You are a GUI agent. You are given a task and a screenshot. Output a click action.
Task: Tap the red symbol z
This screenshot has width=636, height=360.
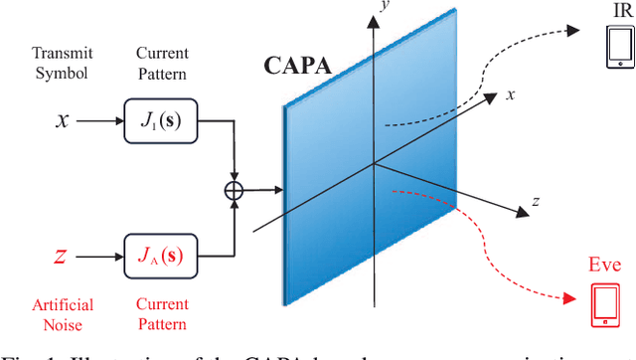[61, 257]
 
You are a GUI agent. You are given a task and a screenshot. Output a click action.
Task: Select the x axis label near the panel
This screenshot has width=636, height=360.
[511, 95]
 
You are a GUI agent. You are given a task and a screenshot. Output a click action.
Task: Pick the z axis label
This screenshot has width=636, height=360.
[536, 201]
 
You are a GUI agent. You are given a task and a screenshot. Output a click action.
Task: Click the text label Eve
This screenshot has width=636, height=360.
[604, 266]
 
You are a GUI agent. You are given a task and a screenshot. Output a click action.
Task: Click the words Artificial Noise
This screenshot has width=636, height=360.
[62, 313]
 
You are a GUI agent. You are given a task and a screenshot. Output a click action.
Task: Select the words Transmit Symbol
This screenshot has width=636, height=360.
[62, 62]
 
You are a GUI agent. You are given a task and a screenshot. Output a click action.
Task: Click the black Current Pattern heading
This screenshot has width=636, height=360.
[162, 62]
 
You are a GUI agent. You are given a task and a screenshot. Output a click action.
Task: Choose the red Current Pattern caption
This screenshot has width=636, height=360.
[162, 313]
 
